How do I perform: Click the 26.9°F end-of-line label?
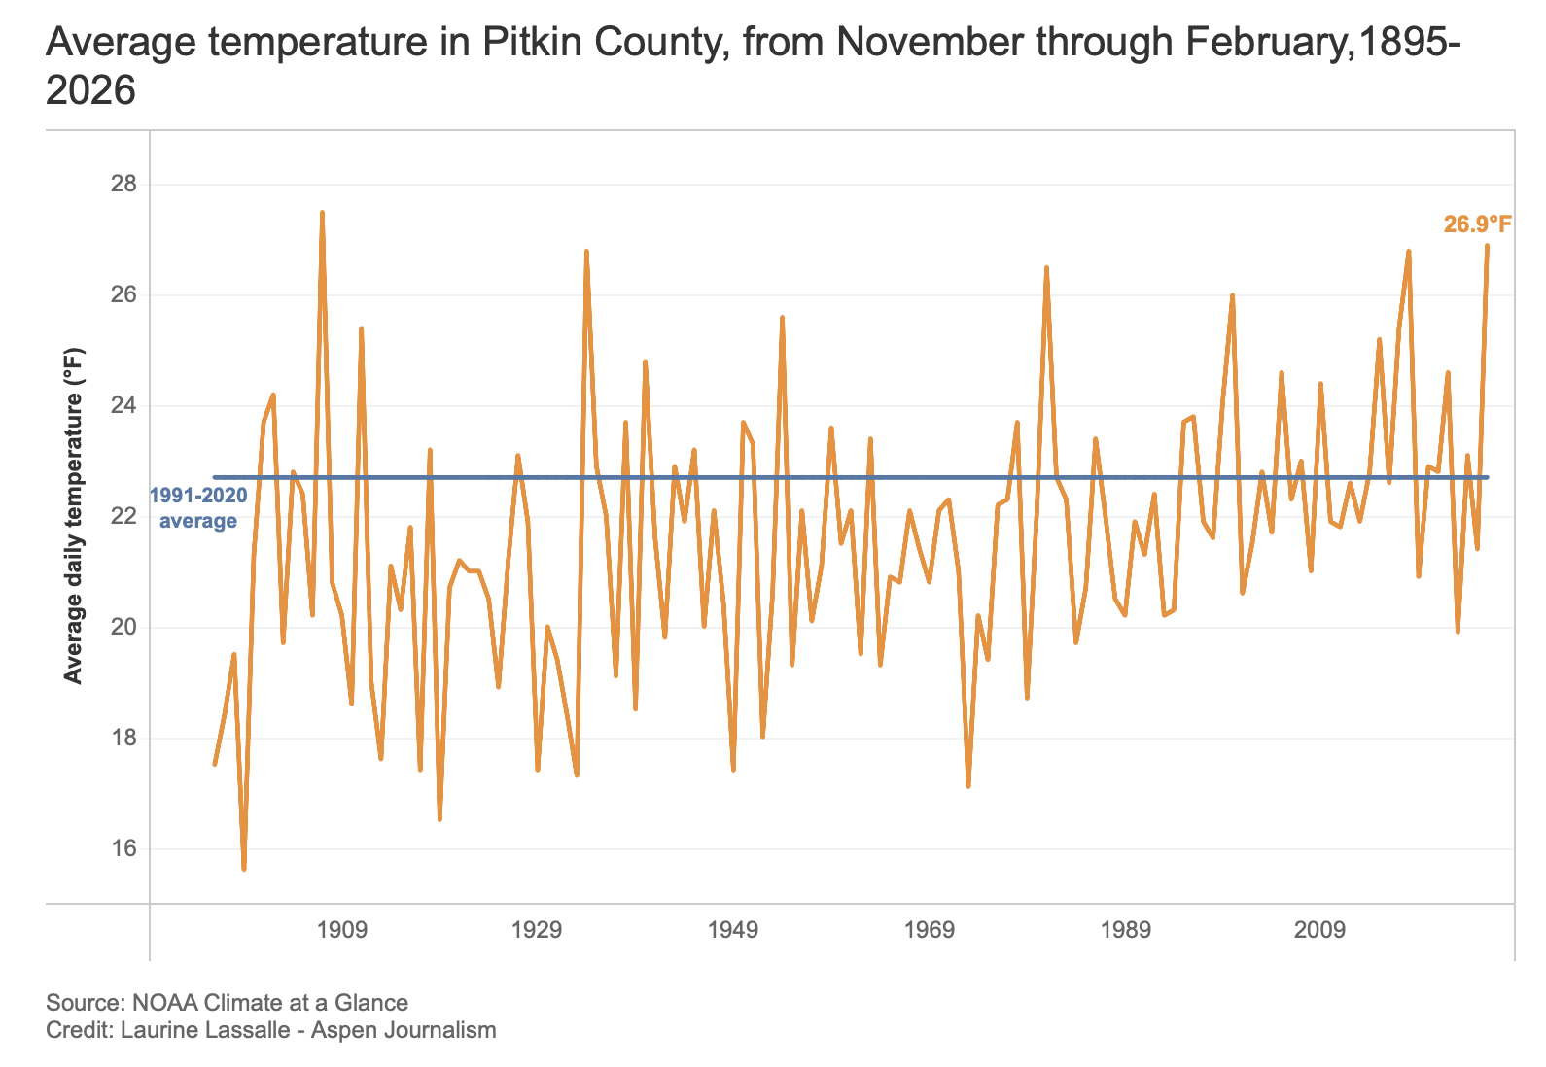pyautogui.click(x=1477, y=225)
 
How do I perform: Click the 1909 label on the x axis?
pyautogui.click(x=342, y=930)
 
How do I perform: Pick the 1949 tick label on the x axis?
pyautogui.click(x=733, y=930)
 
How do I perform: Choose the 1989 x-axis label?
pyautogui.click(x=1125, y=930)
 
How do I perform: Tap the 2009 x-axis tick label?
pyautogui.click(x=1320, y=930)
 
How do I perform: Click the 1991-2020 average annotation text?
pyautogui.click(x=198, y=508)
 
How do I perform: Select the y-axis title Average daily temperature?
pyautogui.click(x=74, y=516)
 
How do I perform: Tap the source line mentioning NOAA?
pyautogui.click(x=227, y=1002)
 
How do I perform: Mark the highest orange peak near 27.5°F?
pyautogui.click(x=322, y=213)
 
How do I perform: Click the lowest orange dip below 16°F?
pyautogui.click(x=244, y=868)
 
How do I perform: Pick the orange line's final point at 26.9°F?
pyautogui.click(x=1487, y=246)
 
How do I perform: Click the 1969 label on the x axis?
pyautogui.click(x=930, y=930)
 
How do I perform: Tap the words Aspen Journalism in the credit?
pyautogui.click(x=404, y=1030)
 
